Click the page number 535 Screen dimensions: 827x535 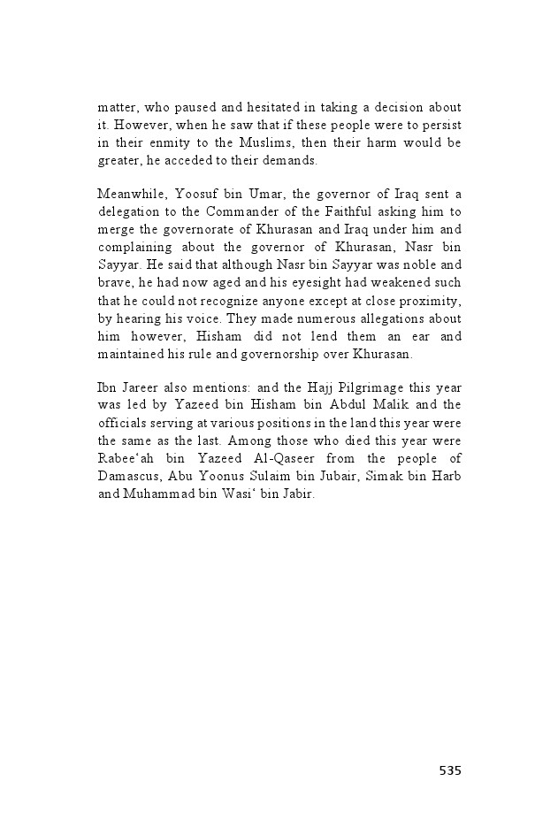[x=449, y=770]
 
